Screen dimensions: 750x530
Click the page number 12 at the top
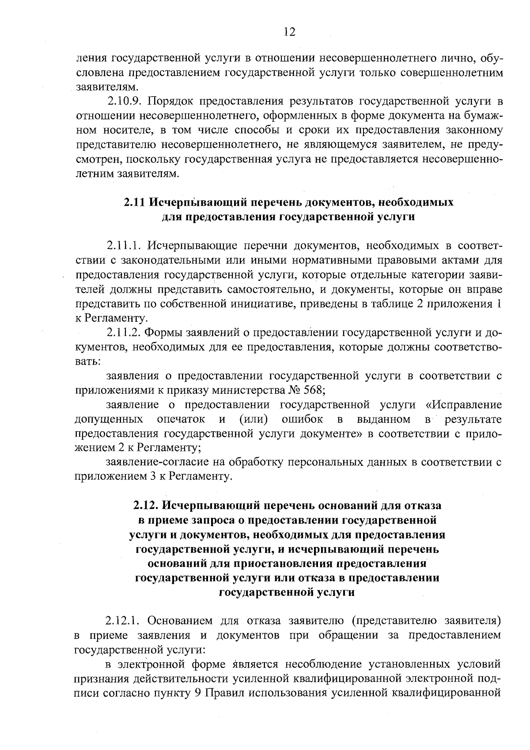pyautogui.click(x=289, y=31)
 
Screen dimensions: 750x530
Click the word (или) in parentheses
pyautogui.click(x=254, y=419)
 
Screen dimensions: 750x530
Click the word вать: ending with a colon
pyautogui.click(x=88, y=361)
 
